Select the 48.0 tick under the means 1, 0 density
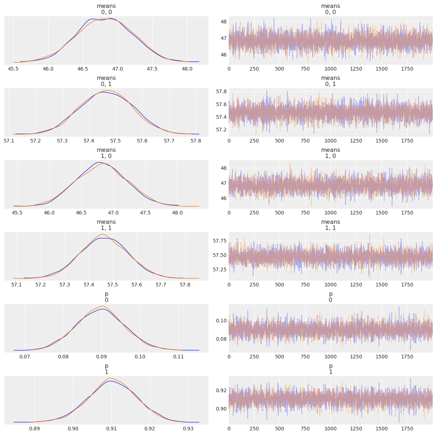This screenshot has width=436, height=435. point(177,212)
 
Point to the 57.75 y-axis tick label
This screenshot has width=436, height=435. point(219,241)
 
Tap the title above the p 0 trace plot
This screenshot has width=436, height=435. point(331,297)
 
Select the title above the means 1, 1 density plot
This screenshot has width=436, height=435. point(106,225)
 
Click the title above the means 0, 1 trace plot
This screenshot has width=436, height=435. point(331,81)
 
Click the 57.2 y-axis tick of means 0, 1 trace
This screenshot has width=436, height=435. point(221,129)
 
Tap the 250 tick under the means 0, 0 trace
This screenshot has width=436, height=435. point(254,68)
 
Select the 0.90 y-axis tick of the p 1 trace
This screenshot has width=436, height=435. point(221,409)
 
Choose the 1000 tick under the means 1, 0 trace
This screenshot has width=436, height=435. point(331,212)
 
